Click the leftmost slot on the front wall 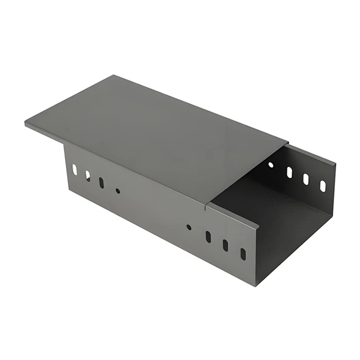(74, 170)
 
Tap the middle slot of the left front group (88, 176)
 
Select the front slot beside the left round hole (101, 182)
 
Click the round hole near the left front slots (117, 190)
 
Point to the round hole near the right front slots (189, 227)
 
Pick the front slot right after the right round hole (208, 237)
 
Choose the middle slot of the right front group (225, 245)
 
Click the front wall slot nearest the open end (243, 254)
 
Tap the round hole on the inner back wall (271, 164)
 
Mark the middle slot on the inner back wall (306, 179)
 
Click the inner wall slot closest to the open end (323, 186)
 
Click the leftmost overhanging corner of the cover (26, 122)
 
